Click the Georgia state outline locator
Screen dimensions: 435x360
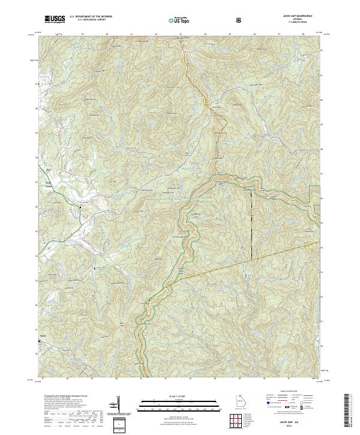[231, 400]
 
